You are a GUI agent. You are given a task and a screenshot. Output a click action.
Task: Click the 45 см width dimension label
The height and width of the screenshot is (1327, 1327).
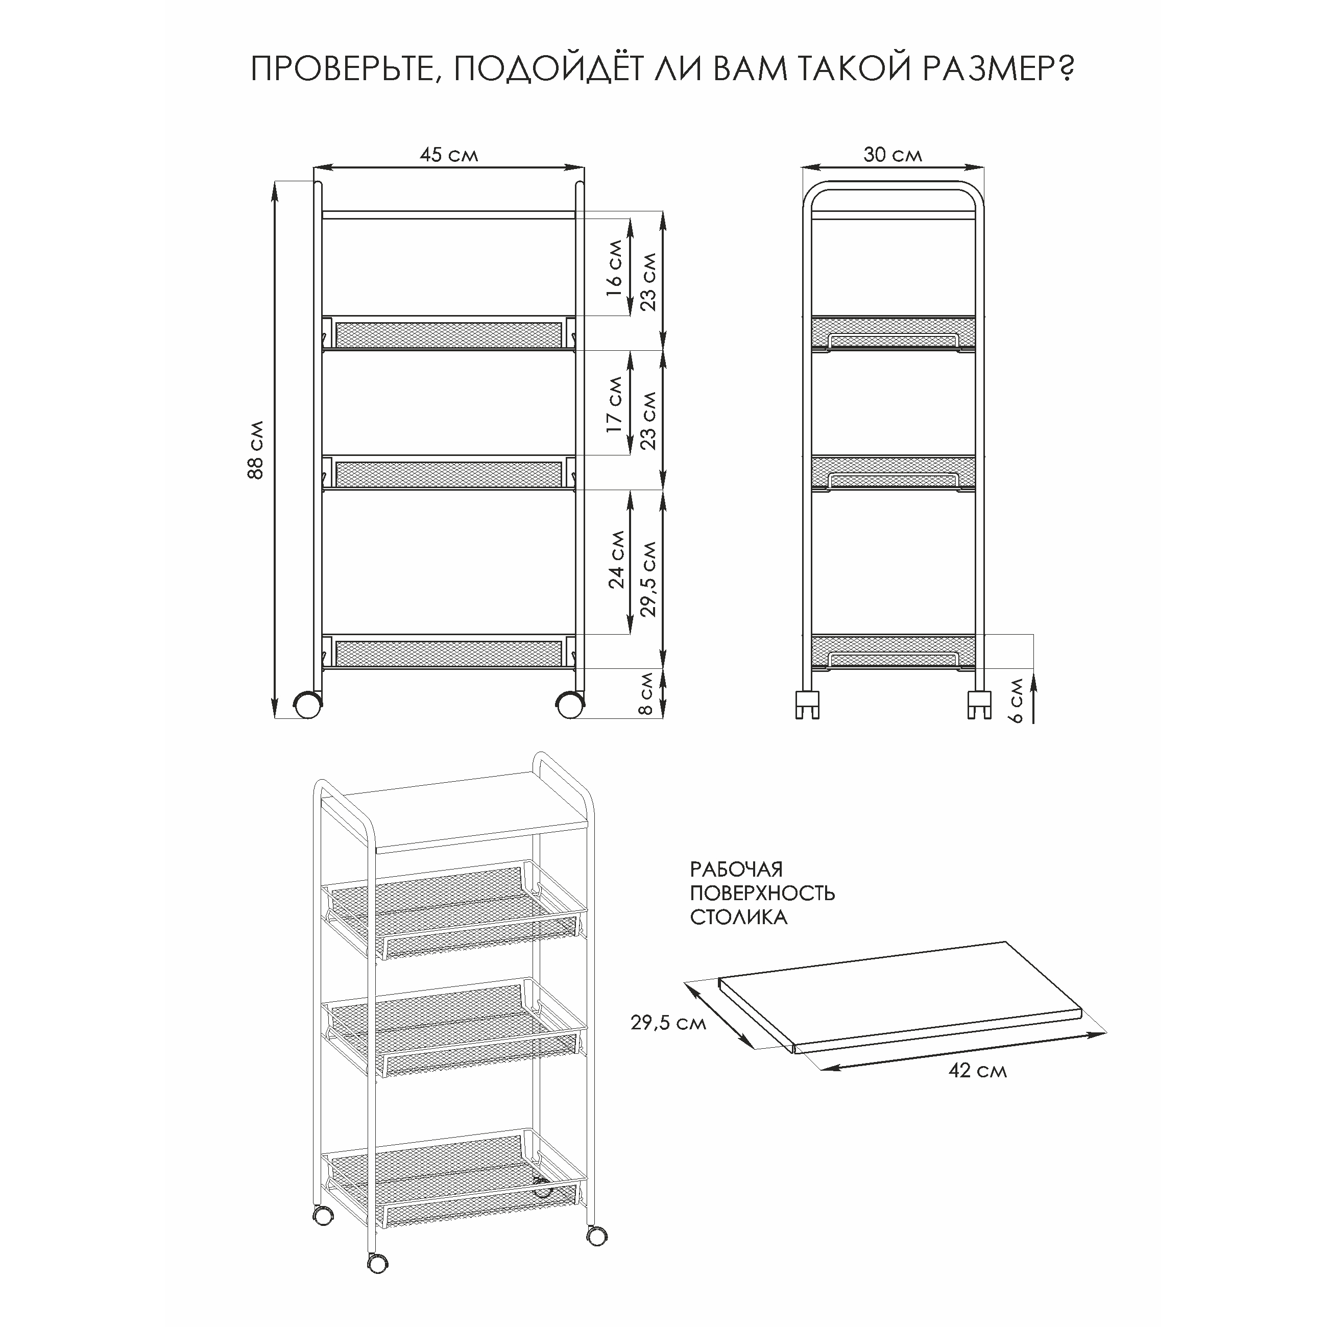[x=448, y=155]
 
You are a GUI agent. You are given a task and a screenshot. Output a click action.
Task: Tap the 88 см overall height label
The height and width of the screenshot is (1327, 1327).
[x=255, y=450]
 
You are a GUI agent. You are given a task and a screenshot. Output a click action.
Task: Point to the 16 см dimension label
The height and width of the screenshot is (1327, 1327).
[x=615, y=267]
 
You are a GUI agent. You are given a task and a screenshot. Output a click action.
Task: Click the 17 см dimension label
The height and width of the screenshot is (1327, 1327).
[x=615, y=404]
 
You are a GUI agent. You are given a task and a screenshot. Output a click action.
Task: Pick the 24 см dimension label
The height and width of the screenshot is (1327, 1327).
[x=617, y=559]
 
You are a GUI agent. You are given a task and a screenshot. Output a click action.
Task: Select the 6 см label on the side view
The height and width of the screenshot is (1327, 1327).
[x=1017, y=701]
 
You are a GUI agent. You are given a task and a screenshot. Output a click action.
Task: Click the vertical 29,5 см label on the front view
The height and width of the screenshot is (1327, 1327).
[x=648, y=578]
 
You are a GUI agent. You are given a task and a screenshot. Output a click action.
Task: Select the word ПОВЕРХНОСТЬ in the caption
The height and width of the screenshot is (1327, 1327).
[x=762, y=893]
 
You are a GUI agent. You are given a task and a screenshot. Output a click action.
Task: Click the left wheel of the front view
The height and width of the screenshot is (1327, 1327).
[x=308, y=705]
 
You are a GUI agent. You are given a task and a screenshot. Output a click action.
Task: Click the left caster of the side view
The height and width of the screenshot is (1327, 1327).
[x=807, y=704]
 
